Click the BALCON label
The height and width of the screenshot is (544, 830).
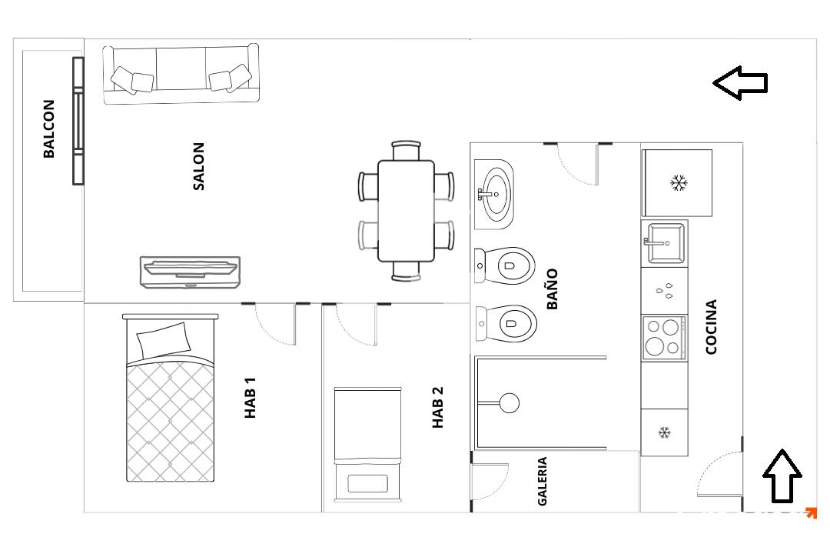coord(48,128)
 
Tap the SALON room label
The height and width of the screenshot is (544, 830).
coord(198,166)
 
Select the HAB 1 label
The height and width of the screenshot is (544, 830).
coord(250,398)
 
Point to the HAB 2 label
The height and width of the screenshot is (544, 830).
coord(438,407)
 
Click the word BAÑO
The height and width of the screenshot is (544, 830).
coord(552,289)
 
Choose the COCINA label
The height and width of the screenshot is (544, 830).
coord(712,326)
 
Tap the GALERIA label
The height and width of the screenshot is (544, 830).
coord(542,482)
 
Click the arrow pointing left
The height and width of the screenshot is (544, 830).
coord(740,82)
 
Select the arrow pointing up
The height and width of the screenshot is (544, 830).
coord(782,476)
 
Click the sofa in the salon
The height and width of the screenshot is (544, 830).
coord(181,74)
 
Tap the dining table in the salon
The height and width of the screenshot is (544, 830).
coord(406,211)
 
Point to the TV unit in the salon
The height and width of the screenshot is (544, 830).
coord(190,272)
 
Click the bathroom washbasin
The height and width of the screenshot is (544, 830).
coord(494,194)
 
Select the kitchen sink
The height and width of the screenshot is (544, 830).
coord(665,243)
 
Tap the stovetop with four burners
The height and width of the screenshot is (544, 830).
coord(664,337)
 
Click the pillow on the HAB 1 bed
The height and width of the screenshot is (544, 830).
coord(164,340)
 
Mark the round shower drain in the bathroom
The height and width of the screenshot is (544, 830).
coord(510,403)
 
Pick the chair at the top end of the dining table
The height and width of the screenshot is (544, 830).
coord(406,150)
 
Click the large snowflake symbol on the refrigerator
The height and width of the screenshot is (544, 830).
coord(679,183)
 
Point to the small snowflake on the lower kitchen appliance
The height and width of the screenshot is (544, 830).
coord(665,432)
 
